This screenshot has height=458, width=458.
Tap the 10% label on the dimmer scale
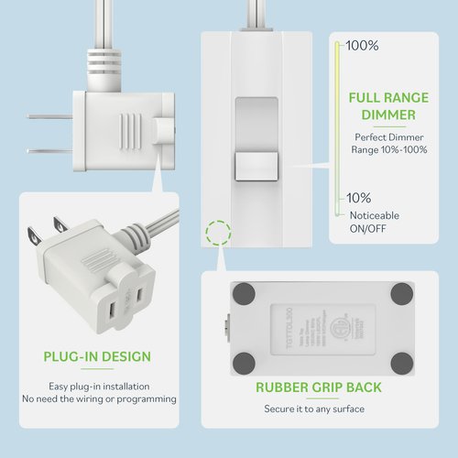coord(358,198)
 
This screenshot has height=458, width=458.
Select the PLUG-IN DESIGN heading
coord(97,356)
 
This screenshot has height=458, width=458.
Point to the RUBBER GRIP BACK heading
coord(319,387)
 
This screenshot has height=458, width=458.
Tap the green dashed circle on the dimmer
coord(219,232)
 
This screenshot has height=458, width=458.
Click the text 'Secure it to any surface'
coord(319,409)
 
